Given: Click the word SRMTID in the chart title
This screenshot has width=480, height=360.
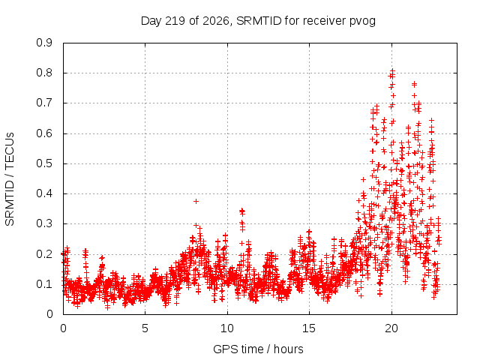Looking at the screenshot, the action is tap(259, 21).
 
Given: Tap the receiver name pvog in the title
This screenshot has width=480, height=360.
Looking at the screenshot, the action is tap(362, 22).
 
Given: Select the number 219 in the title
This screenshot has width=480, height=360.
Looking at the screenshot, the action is tap(175, 21).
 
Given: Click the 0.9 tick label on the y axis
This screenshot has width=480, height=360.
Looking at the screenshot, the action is tap(44, 43).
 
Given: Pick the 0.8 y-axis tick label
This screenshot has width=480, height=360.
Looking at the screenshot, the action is tap(44, 73).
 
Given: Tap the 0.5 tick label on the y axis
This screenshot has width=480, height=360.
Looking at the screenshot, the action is tap(44, 163).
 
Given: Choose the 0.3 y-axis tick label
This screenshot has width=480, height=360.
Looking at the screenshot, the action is tap(44, 223).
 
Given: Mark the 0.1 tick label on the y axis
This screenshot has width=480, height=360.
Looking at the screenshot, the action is tap(44, 284).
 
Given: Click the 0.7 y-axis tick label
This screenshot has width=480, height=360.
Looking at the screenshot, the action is tap(44, 103).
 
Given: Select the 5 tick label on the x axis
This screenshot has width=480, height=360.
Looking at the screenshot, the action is tap(145, 328).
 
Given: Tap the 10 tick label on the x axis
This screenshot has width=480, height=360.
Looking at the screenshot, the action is tap(227, 328).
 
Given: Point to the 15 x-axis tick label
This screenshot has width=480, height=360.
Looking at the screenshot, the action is tap(309, 328).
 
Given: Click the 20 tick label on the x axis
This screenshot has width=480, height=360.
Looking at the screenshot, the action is tap(391, 328).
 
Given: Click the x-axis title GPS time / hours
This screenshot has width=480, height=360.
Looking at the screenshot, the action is tap(258, 349).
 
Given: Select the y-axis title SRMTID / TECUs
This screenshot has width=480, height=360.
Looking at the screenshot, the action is tap(10, 179).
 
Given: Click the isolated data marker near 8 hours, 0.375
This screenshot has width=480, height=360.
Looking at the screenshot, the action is tap(196, 201).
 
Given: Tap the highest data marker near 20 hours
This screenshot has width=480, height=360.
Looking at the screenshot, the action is tap(392, 70).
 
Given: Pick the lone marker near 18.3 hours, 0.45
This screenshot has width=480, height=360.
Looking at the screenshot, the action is tap(363, 179).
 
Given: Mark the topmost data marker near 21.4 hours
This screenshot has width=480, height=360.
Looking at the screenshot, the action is tap(414, 83).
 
